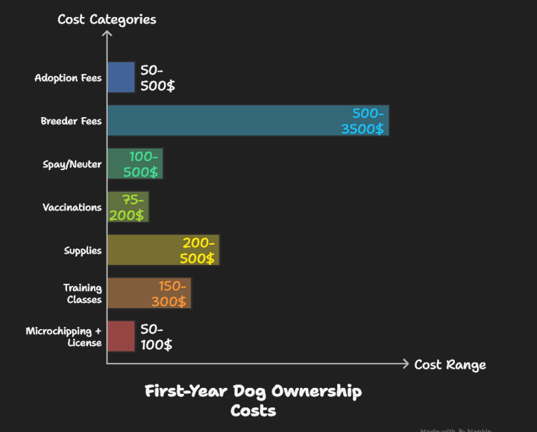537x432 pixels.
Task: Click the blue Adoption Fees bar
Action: [x=121, y=77]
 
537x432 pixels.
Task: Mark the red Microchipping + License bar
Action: [x=121, y=336]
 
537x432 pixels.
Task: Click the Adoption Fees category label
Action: [x=68, y=78]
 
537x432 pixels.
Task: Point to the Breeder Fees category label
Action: [x=71, y=121]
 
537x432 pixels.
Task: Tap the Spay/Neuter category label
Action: [x=72, y=164]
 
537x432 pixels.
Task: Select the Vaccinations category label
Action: [x=72, y=207]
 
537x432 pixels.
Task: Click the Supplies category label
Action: [x=83, y=251]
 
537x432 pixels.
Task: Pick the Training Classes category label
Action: [x=83, y=294]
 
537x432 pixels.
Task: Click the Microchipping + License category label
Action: [x=64, y=336]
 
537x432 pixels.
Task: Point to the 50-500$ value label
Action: [x=158, y=78]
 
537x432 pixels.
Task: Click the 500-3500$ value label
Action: [x=368, y=121]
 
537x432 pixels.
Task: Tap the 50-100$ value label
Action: [x=157, y=336]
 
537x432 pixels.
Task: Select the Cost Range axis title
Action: [x=450, y=365]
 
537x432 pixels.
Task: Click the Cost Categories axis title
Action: [x=107, y=19]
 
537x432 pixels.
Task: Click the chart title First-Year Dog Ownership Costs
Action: [x=253, y=401]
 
